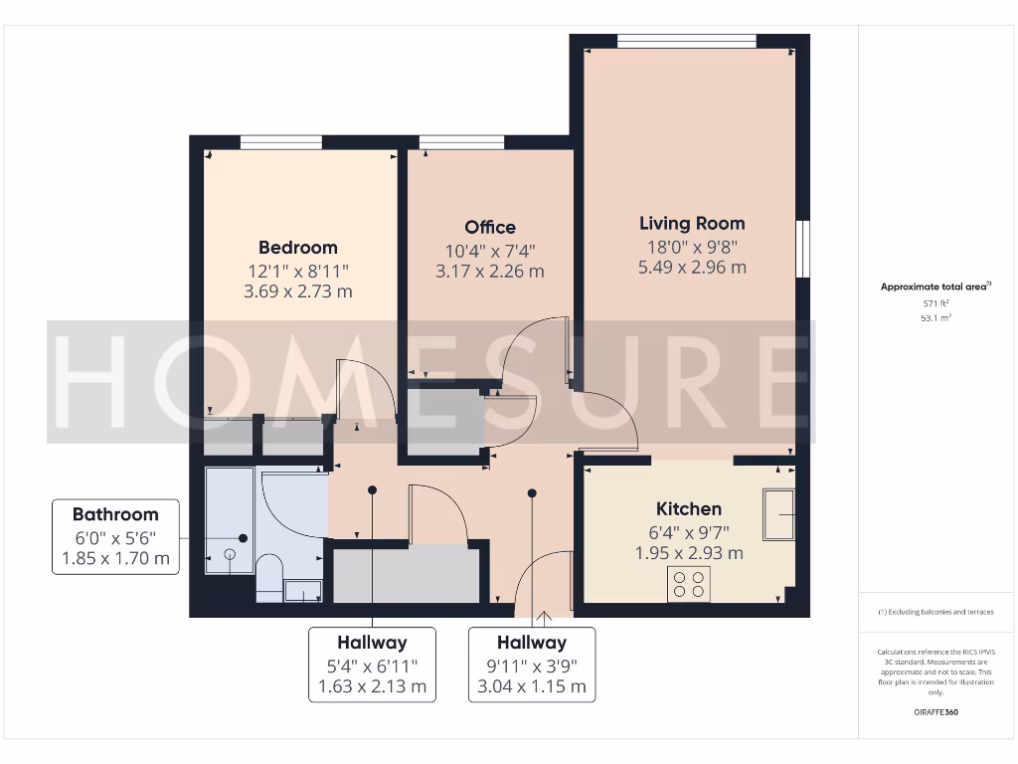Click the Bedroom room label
click(298, 248)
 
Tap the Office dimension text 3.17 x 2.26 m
click(490, 272)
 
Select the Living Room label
click(692, 224)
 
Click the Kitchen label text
click(689, 508)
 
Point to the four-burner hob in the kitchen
click(689, 583)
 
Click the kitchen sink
click(778, 513)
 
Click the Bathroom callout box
click(115, 536)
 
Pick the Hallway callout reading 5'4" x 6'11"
click(372, 665)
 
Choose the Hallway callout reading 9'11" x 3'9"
click(532, 665)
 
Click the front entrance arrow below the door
click(543, 621)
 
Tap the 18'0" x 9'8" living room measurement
click(692, 247)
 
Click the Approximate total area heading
click(934, 286)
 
